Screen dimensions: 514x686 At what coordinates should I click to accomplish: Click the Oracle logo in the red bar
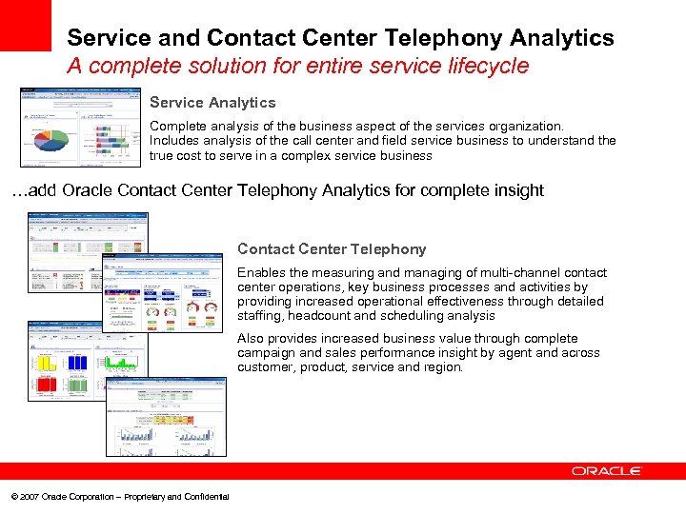607,471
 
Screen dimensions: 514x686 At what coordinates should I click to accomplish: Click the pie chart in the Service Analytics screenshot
50,140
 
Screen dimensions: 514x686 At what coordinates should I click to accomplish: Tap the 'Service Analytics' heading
212,103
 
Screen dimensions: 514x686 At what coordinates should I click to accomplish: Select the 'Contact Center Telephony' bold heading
332,249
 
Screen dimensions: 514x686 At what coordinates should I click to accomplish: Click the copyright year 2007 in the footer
29,497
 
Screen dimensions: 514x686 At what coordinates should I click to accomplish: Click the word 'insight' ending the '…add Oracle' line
515,190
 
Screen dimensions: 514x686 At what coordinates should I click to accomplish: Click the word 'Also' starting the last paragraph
251,339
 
